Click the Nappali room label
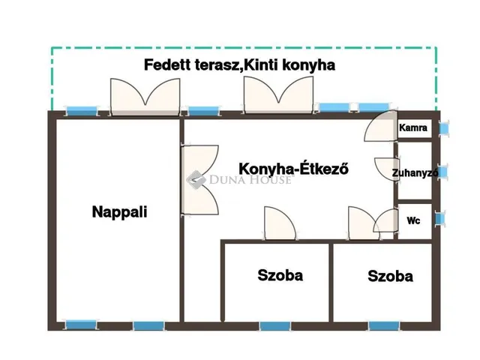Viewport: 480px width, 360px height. pyautogui.click(x=120, y=212)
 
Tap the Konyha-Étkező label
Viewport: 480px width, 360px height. pyautogui.click(x=293, y=169)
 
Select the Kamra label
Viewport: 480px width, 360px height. pyautogui.click(x=413, y=127)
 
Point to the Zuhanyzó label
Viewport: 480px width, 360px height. pyautogui.click(x=415, y=173)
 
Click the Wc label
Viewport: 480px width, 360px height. pyautogui.click(x=413, y=220)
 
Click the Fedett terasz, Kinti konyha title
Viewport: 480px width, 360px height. pyautogui.click(x=240, y=65)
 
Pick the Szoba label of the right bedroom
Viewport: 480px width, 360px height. pyautogui.click(x=390, y=276)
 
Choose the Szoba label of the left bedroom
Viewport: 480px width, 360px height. pyautogui.click(x=280, y=275)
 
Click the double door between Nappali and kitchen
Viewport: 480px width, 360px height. pyautogui.click(x=200, y=180)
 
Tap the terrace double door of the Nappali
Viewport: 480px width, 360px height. pyautogui.click(x=145, y=97)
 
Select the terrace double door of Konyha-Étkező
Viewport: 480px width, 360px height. pyautogui.click(x=278, y=95)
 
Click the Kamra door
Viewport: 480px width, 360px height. pyautogui.click(x=380, y=126)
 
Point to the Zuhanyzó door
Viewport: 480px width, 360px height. pyautogui.click(x=387, y=169)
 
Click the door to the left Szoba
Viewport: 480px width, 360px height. pyautogui.click(x=280, y=223)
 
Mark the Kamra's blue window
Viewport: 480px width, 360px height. pyautogui.click(x=443, y=128)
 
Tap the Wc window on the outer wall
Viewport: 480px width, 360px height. pyautogui.click(x=440, y=218)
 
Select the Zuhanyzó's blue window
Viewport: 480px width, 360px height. pyautogui.click(x=443, y=172)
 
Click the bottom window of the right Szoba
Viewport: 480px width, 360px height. pyautogui.click(x=384, y=325)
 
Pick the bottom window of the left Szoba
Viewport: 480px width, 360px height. pyautogui.click(x=275, y=326)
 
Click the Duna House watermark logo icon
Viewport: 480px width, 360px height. pyautogui.click(x=196, y=180)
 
